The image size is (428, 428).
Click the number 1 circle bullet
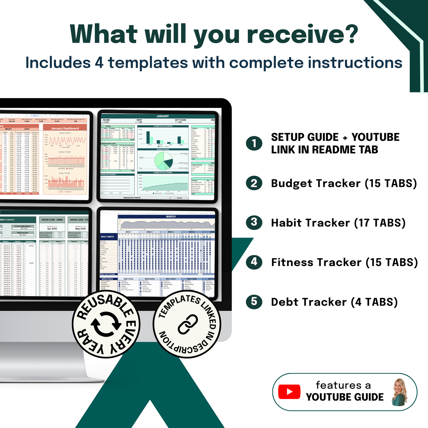coord(254,143)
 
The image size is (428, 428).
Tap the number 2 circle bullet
coord(254,183)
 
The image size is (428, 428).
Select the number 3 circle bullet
coord(254,222)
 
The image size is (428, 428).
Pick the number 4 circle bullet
coord(254,262)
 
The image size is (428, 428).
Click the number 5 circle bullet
coord(254,302)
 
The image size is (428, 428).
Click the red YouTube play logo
coord(289,392)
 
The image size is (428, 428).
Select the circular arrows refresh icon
coord(106,324)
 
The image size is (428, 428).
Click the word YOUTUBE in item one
coord(375,137)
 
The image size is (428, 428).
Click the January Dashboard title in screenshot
coord(65,129)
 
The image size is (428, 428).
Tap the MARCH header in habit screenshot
coord(171,217)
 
